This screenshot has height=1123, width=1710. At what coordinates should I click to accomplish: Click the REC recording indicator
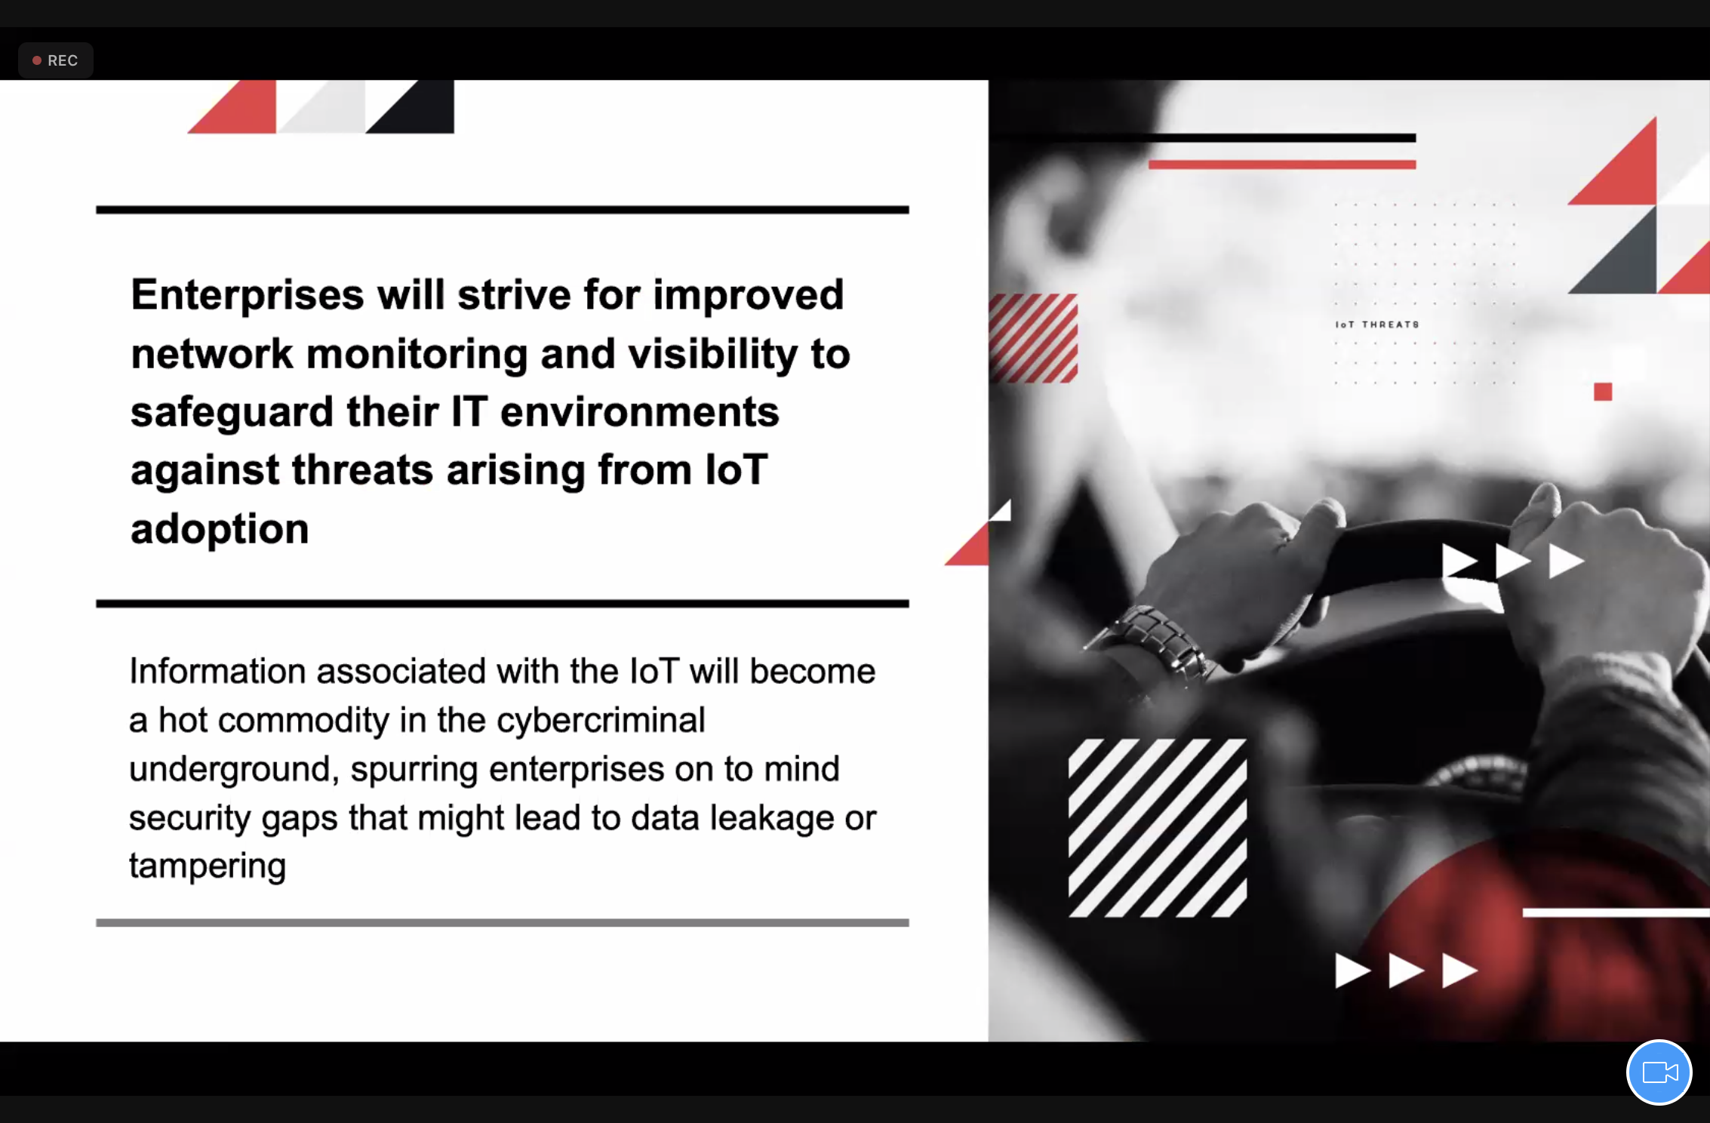tap(55, 60)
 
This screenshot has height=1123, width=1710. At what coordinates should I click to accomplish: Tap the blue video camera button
tap(1659, 1072)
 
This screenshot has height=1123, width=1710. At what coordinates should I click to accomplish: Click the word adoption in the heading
tap(220, 528)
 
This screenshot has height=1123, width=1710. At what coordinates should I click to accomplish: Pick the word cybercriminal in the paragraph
tap(601, 720)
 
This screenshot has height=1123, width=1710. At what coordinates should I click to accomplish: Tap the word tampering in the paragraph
tap(208, 866)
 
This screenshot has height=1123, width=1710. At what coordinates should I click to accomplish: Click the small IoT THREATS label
tap(1377, 325)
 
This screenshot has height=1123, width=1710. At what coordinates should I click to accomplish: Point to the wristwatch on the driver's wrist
tap(1151, 644)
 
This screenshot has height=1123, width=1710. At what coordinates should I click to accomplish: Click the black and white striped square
tap(1157, 828)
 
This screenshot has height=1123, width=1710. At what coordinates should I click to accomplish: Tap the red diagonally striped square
tap(1033, 338)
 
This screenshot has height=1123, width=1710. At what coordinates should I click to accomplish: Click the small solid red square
tap(1603, 392)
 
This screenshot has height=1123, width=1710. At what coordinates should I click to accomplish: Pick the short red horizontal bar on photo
tap(1281, 165)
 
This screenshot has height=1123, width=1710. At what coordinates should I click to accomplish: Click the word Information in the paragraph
tap(217, 671)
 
